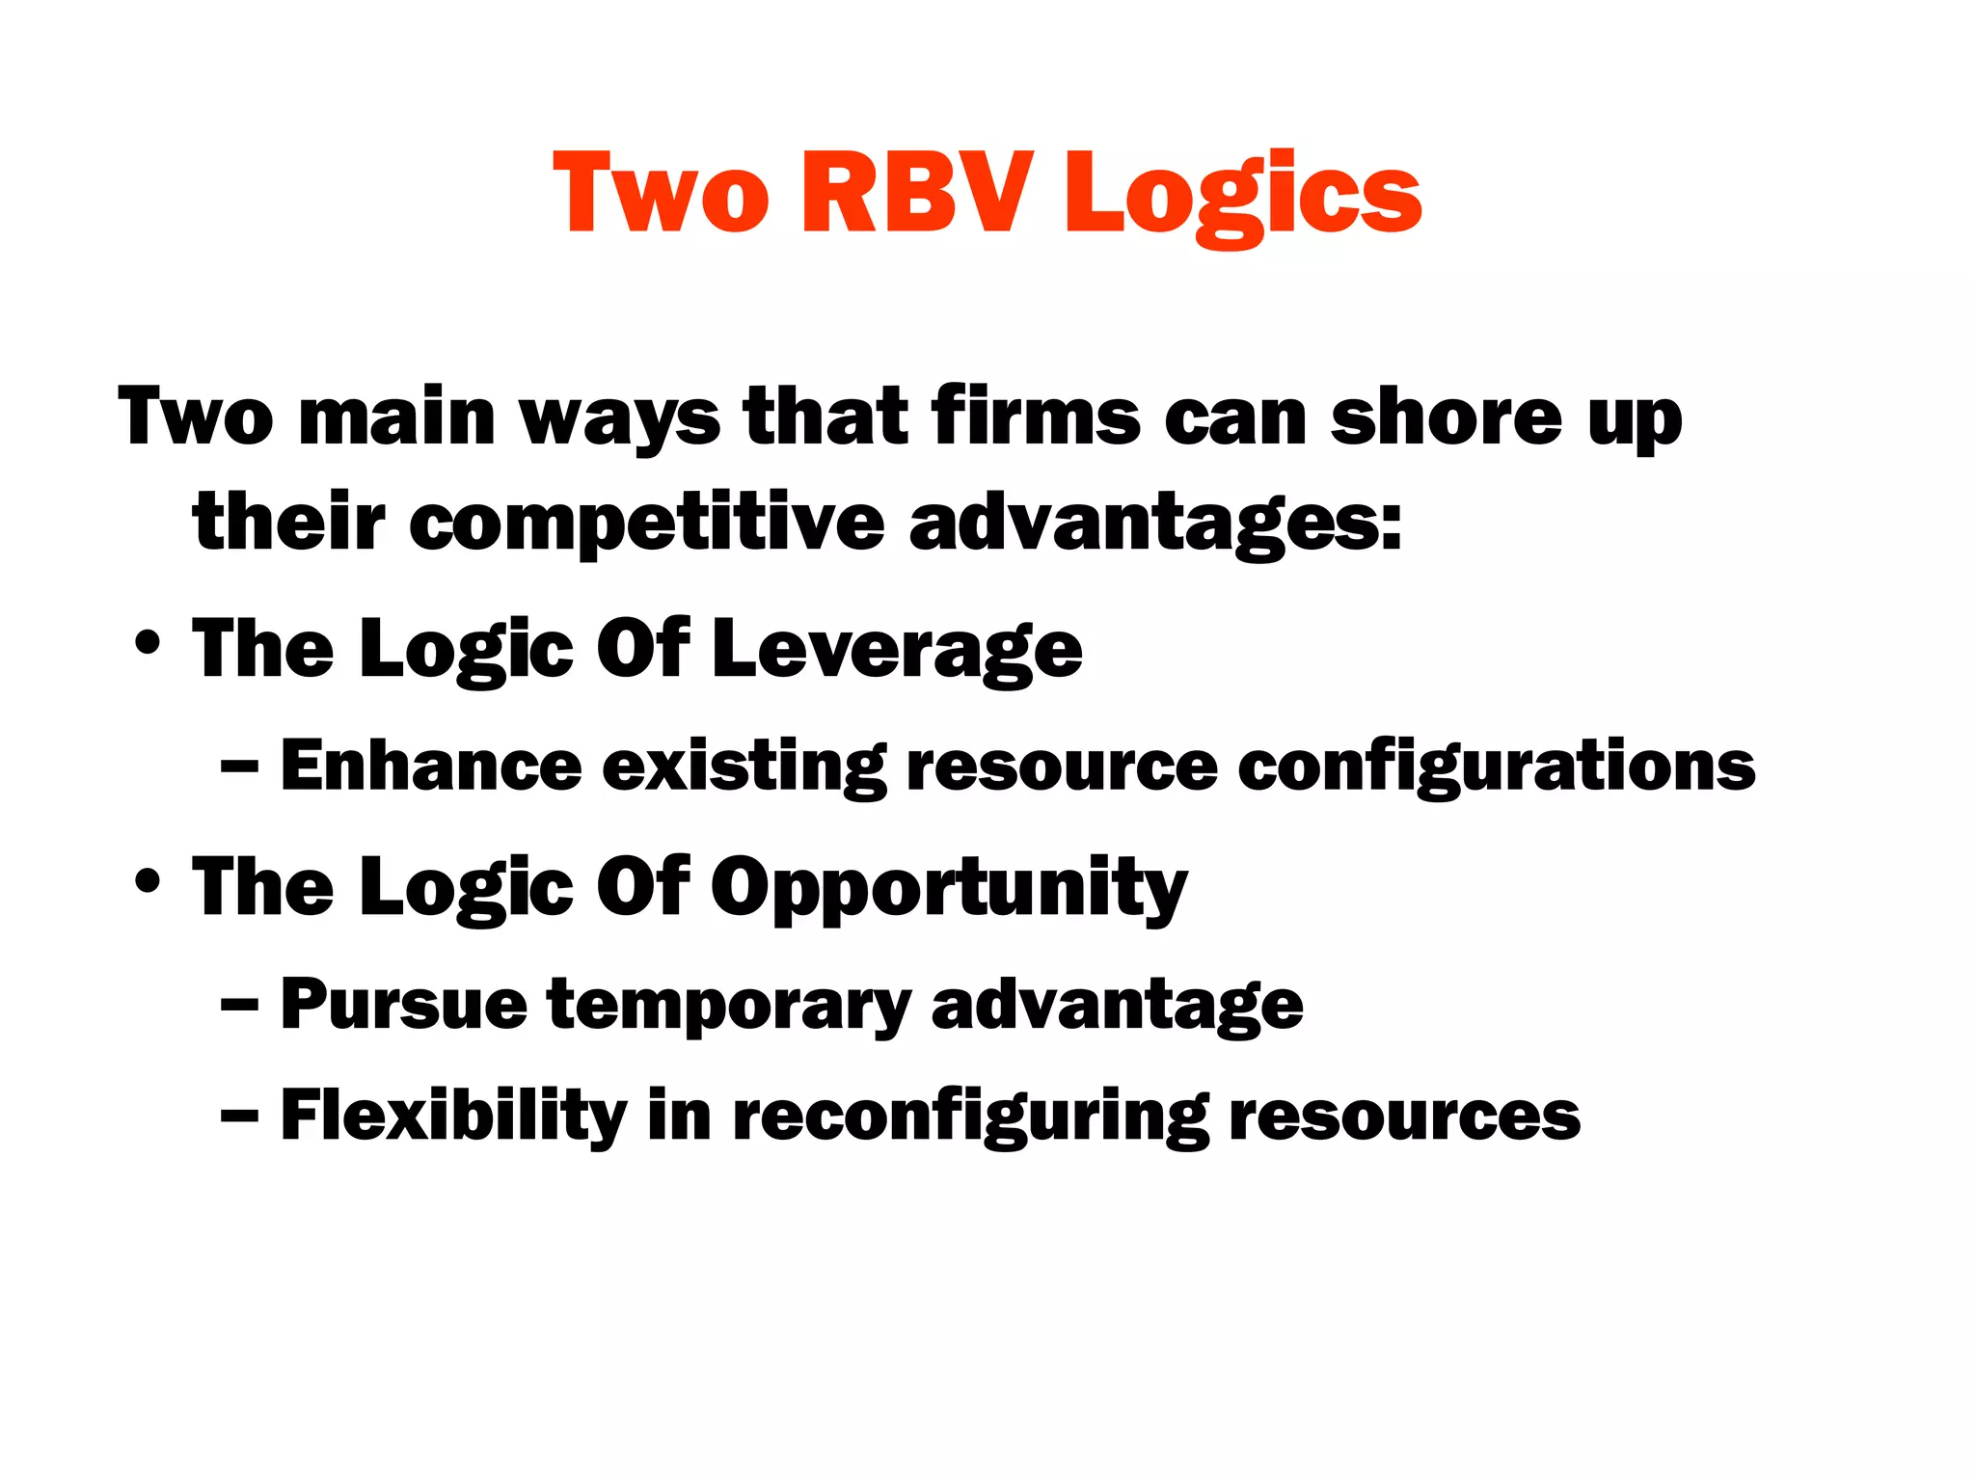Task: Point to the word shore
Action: tap(1446, 417)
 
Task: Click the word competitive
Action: tap(646, 524)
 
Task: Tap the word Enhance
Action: tap(431, 767)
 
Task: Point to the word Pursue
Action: tap(403, 1005)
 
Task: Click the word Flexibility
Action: tap(453, 1117)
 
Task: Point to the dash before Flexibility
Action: tap(238, 1117)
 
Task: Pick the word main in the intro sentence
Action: tap(396, 417)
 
